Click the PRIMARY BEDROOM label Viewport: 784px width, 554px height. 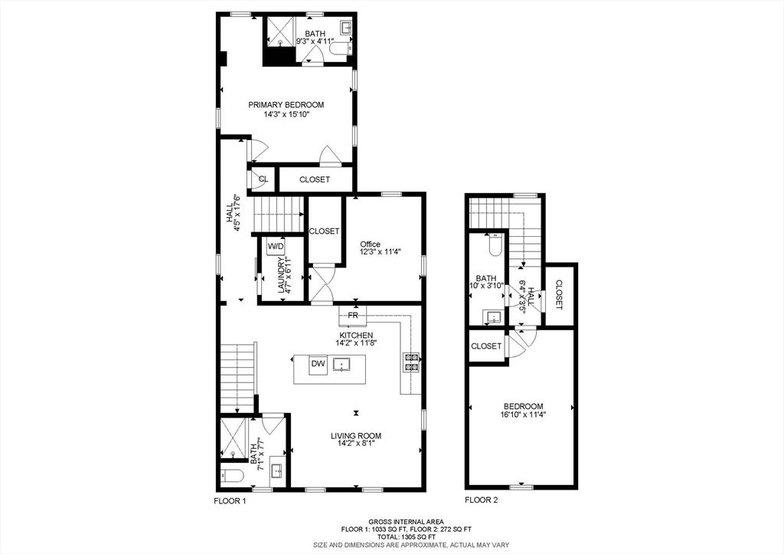pyautogui.click(x=286, y=105)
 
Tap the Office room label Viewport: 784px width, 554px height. pyautogui.click(x=370, y=244)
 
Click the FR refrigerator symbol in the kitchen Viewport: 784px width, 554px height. pyautogui.click(x=353, y=315)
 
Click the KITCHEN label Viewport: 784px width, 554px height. pyautogui.click(x=356, y=336)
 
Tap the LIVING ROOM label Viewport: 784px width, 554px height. pyautogui.click(x=356, y=436)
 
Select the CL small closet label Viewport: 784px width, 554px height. pyautogui.click(x=263, y=179)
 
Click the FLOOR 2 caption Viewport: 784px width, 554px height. pyautogui.click(x=482, y=500)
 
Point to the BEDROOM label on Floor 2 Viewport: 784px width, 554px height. pyautogui.click(x=523, y=406)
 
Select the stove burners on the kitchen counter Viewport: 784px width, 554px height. pyautogui.click(x=411, y=362)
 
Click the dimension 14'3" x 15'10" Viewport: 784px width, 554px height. pyautogui.click(x=286, y=115)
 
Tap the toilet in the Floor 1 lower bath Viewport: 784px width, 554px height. pyautogui.click(x=231, y=476)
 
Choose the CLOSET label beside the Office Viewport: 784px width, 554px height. pyautogui.click(x=324, y=231)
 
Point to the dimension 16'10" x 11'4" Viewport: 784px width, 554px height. pyautogui.click(x=523, y=416)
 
